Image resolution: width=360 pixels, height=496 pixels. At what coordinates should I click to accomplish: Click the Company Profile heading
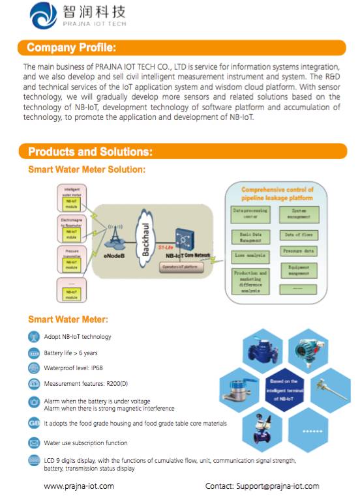[x=71, y=48]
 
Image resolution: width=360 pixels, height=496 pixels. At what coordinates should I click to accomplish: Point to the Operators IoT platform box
[x=182, y=267]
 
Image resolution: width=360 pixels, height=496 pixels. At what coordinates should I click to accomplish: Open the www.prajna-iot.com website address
[x=79, y=486]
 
